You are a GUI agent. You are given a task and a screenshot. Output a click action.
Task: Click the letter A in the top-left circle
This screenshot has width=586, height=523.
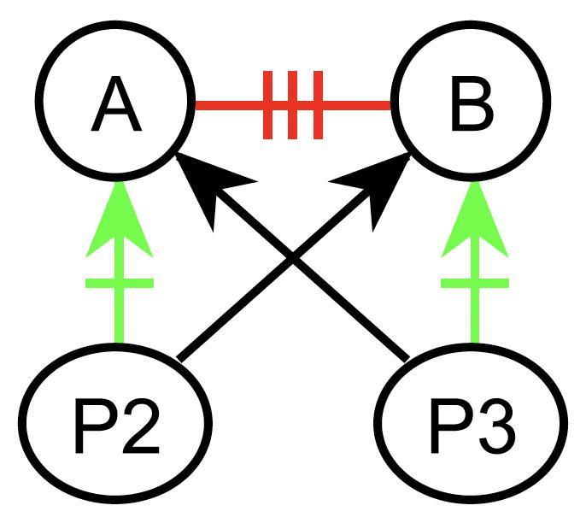[x=116, y=107]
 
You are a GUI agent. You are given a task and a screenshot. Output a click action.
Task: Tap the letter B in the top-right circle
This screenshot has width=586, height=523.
[x=470, y=107]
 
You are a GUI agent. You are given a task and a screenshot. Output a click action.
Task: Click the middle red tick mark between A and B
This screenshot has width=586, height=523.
[x=293, y=106]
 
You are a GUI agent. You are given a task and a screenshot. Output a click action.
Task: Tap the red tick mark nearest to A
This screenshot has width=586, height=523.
[x=268, y=106]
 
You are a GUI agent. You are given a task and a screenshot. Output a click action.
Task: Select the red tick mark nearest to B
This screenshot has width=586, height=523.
[x=318, y=106]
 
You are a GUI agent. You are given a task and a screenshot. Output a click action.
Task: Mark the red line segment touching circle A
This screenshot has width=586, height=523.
[x=226, y=106]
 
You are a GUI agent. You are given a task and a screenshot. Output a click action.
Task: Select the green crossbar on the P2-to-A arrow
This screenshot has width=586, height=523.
[x=119, y=283]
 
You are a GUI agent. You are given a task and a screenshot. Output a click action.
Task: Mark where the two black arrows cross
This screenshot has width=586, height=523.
[x=293, y=259]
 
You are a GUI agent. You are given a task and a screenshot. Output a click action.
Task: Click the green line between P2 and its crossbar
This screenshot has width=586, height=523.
[x=119, y=316]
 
